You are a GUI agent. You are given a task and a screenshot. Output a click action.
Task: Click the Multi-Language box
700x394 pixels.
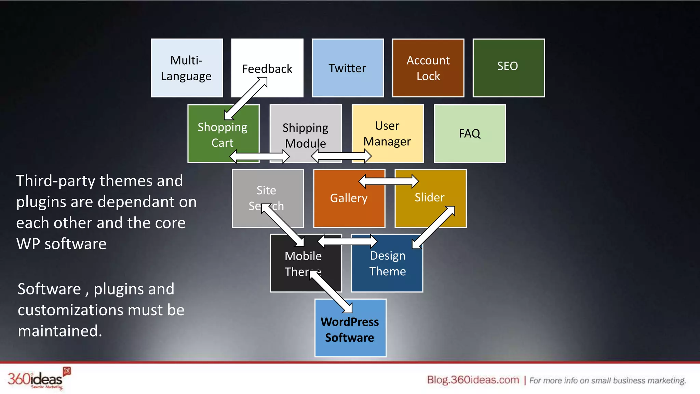click(187, 68)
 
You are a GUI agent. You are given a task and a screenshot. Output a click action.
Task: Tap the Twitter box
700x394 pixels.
click(348, 68)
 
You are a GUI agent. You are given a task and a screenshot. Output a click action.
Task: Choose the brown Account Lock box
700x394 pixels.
click(428, 68)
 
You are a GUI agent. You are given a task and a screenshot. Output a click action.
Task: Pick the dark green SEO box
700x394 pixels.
click(508, 68)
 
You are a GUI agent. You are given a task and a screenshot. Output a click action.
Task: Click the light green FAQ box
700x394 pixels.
click(470, 133)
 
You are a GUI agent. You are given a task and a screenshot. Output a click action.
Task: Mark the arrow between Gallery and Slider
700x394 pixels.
click(388, 181)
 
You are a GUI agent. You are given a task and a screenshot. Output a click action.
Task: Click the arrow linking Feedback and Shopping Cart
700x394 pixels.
click(246, 98)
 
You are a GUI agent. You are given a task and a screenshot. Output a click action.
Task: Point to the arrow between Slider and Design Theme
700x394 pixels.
click(434, 227)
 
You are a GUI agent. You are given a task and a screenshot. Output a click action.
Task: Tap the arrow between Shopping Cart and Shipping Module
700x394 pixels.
click(260, 157)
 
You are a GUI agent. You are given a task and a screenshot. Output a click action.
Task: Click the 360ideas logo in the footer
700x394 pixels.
click(38, 379)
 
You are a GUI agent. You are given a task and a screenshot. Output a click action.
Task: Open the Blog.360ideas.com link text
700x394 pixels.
click(473, 380)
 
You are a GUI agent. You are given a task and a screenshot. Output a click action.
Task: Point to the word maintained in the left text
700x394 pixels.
click(60, 331)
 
